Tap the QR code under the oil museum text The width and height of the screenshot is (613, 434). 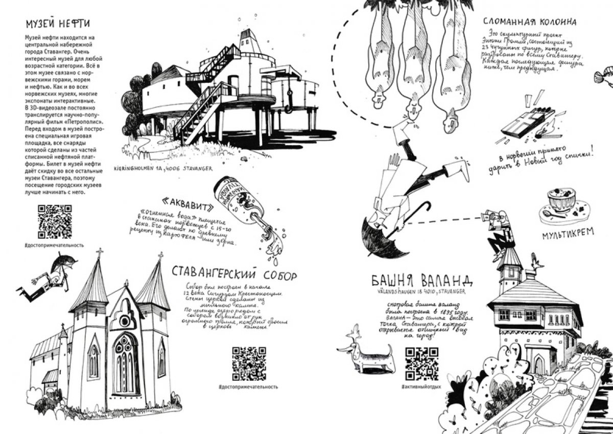click(x=55, y=221)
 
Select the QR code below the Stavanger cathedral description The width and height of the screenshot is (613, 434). click(x=249, y=363)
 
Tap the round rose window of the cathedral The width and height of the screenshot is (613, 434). click(x=125, y=321)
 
